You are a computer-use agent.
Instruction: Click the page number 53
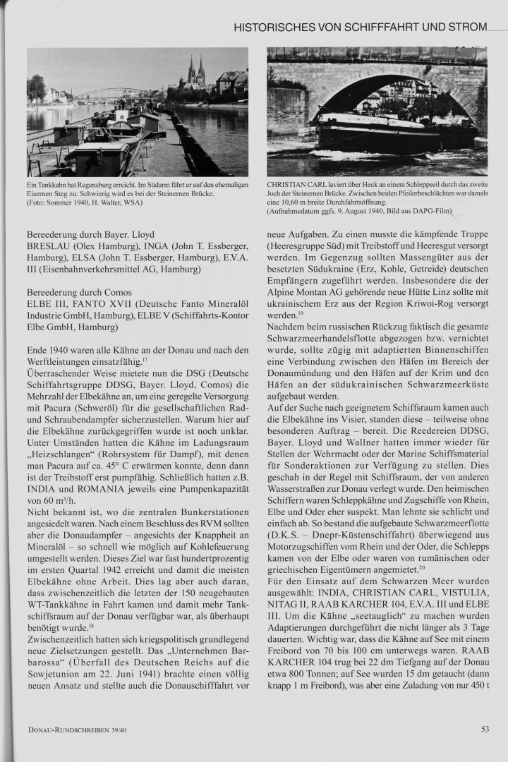pyautogui.click(x=485, y=730)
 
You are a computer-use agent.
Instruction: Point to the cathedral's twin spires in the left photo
pyautogui.click(x=195, y=71)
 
